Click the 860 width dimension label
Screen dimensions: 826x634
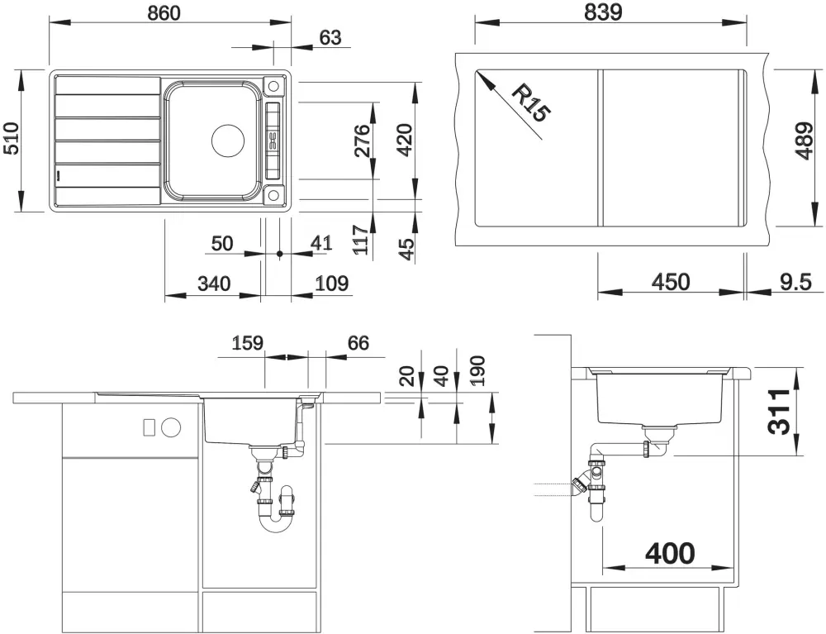(164, 13)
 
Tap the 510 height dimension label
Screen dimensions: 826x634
(11, 139)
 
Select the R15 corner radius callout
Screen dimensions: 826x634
(531, 103)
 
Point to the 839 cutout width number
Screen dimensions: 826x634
(603, 12)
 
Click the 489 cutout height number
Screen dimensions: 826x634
(805, 141)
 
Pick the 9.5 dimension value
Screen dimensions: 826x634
(796, 283)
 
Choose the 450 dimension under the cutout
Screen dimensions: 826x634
(671, 283)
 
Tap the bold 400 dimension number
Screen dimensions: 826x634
(670, 553)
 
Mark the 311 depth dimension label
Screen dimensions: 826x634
(779, 412)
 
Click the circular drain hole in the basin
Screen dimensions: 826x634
(228, 141)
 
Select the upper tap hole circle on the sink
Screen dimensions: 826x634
(273, 86)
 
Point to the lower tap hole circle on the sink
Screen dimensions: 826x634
(273, 195)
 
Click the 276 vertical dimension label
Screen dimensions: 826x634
(362, 141)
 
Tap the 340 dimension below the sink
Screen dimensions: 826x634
(214, 284)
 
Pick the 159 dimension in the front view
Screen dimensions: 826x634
(247, 343)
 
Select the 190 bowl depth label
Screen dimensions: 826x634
(477, 371)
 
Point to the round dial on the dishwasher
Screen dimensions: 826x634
(171, 427)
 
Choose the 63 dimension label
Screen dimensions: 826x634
(330, 38)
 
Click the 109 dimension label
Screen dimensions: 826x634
(332, 284)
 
